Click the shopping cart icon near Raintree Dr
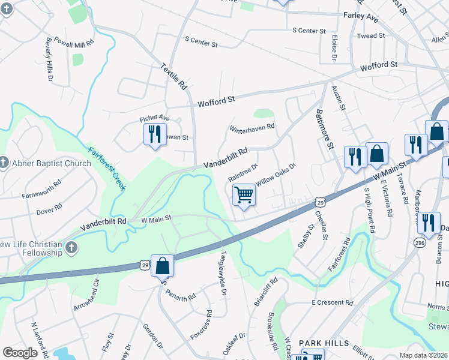pyautogui.click(x=244, y=195)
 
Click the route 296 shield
pyautogui.click(x=420, y=242)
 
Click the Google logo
pyautogui.click(x=20, y=352)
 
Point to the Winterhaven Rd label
pyautogui.click(x=252, y=127)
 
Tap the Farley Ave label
pyautogui.click(x=360, y=17)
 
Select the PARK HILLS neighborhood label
pyautogui.click(x=324, y=343)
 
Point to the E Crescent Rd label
pyautogui.click(x=332, y=302)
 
